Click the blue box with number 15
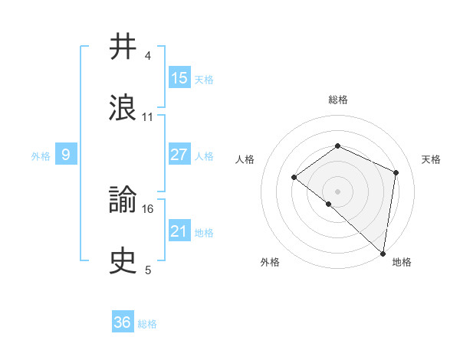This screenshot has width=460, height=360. click(179, 78)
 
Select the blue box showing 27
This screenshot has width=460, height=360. click(179, 155)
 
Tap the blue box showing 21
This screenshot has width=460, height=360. click(179, 231)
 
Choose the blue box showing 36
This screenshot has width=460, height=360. click(123, 322)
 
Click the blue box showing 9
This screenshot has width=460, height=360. click(66, 155)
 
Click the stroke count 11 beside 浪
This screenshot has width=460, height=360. click(148, 116)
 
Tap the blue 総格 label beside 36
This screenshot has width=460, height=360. click(147, 324)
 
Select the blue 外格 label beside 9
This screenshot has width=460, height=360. click(41, 155)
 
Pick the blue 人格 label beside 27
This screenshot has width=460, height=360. click(204, 155)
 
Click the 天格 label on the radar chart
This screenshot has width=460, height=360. click(431, 159)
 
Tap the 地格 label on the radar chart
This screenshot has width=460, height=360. click(402, 262)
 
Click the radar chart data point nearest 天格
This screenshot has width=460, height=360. click(396, 172)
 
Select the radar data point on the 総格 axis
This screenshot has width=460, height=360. click(337, 146)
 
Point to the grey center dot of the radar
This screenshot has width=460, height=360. click(337, 191)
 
